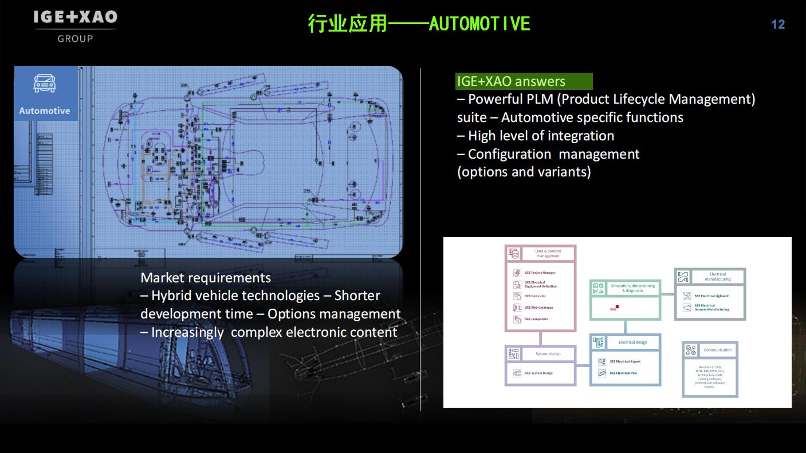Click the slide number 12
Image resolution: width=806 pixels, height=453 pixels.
click(x=777, y=24)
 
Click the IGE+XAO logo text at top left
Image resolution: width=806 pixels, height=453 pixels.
click(x=75, y=18)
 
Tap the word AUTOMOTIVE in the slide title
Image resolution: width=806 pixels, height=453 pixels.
click(x=479, y=23)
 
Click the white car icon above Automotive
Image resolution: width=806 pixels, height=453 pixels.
click(x=45, y=84)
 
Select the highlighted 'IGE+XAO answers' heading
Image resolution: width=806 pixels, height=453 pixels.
click(x=511, y=81)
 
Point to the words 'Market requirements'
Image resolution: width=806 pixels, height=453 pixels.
click(x=206, y=278)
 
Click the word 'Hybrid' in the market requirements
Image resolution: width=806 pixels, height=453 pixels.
click(x=172, y=296)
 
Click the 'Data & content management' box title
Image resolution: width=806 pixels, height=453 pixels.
click(x=548, y=253)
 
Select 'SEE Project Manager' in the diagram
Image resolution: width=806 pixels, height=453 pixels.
click(x=540, y=273)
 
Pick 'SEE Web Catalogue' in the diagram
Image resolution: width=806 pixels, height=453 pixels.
click(x=538, y=308)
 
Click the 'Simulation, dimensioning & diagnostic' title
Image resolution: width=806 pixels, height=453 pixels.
click(x=632, y=288)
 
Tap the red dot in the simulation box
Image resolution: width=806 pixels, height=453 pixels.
click(x=617, y=306)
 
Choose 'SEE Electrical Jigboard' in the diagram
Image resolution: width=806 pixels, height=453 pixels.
click(x=711, y=296)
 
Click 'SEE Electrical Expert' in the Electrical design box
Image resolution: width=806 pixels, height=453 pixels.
click(x=624, y=361)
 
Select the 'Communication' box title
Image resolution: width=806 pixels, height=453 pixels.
click(x=717, y=350)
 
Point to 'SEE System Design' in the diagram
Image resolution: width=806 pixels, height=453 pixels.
click(x=538, y=373)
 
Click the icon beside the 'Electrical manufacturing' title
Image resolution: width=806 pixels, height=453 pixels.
click(x=683, y=277)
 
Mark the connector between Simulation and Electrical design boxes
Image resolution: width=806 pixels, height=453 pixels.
click(x=625, y=326)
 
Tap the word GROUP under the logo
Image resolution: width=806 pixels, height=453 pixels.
click(x=75, y=39)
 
